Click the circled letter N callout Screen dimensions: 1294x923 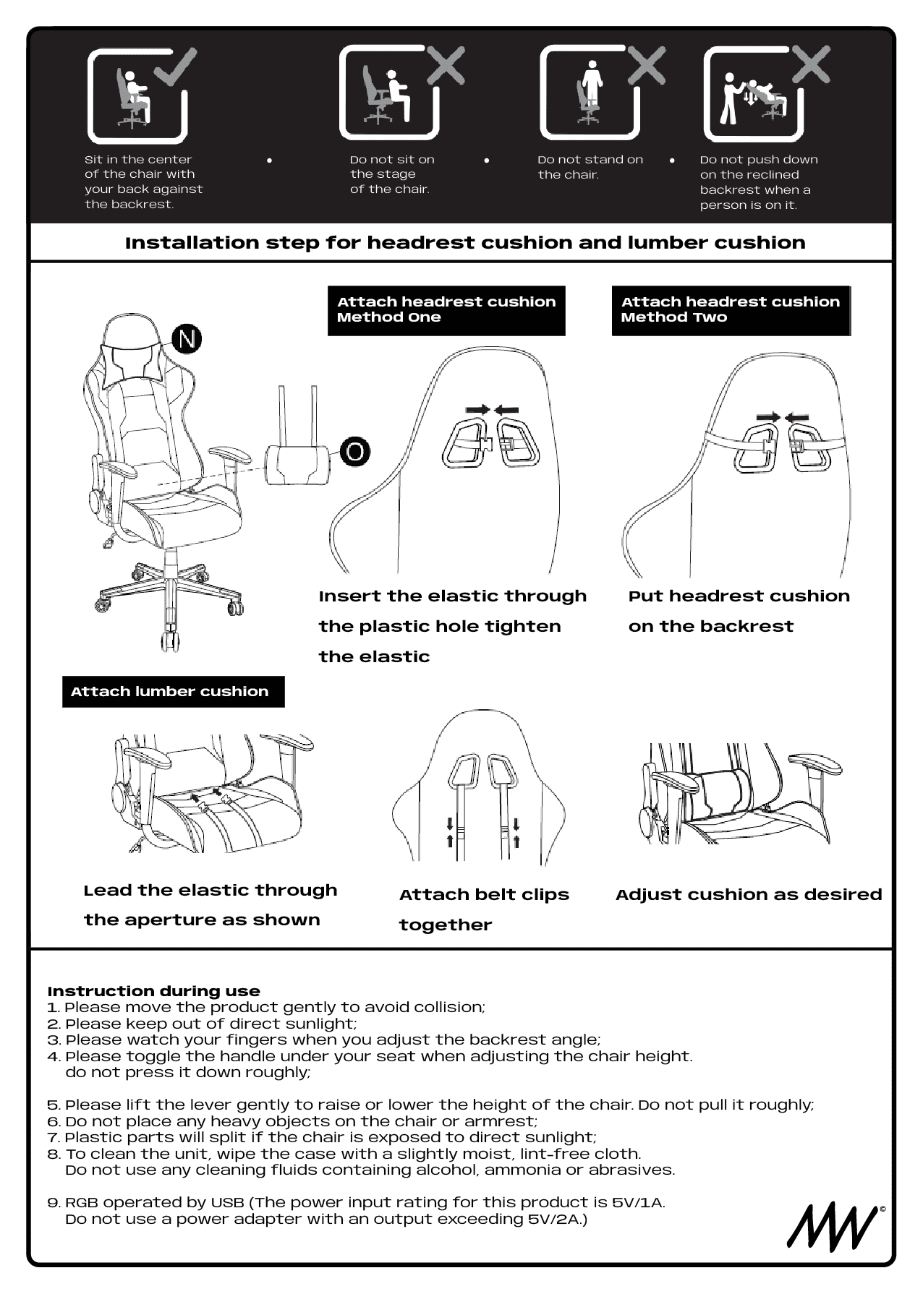pyautogui.click(x=187, y=339)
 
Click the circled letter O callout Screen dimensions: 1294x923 pyautogui.click(x=354, y=451)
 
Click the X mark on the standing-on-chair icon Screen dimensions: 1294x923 pyautogui.click(x=647, y=65)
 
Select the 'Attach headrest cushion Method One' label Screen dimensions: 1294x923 pyautogui.click(x=446, y=310)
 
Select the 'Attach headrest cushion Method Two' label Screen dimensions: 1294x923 pyautogui.click(x=731, y=310)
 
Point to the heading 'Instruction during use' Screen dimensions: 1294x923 pyautogui.click(x=153, y=991)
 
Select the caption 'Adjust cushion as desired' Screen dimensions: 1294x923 pyautogui.click(x=748, y=894)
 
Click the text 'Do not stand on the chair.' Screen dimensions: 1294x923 pyautogui.click(x=590, y=167)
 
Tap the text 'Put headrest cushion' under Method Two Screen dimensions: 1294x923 pyautogui.click(x=739, y=596)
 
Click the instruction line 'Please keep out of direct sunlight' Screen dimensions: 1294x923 pyautogui.click(x=210, y=1024)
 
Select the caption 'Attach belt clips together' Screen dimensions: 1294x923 pyautogui.click(x=483, y=909)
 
